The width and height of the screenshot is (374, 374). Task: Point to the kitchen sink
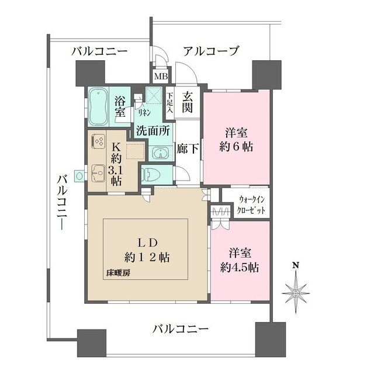[x=95, y=173]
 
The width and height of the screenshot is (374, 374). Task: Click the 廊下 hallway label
[x=188, y=148]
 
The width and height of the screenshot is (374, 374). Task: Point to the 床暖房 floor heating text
[x=117, y=273]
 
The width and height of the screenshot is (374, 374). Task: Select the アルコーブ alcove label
[x=211, y=51]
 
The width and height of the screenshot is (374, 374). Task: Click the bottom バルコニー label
[x=181, y=329]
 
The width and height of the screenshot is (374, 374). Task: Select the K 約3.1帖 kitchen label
[x=116, y=164]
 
